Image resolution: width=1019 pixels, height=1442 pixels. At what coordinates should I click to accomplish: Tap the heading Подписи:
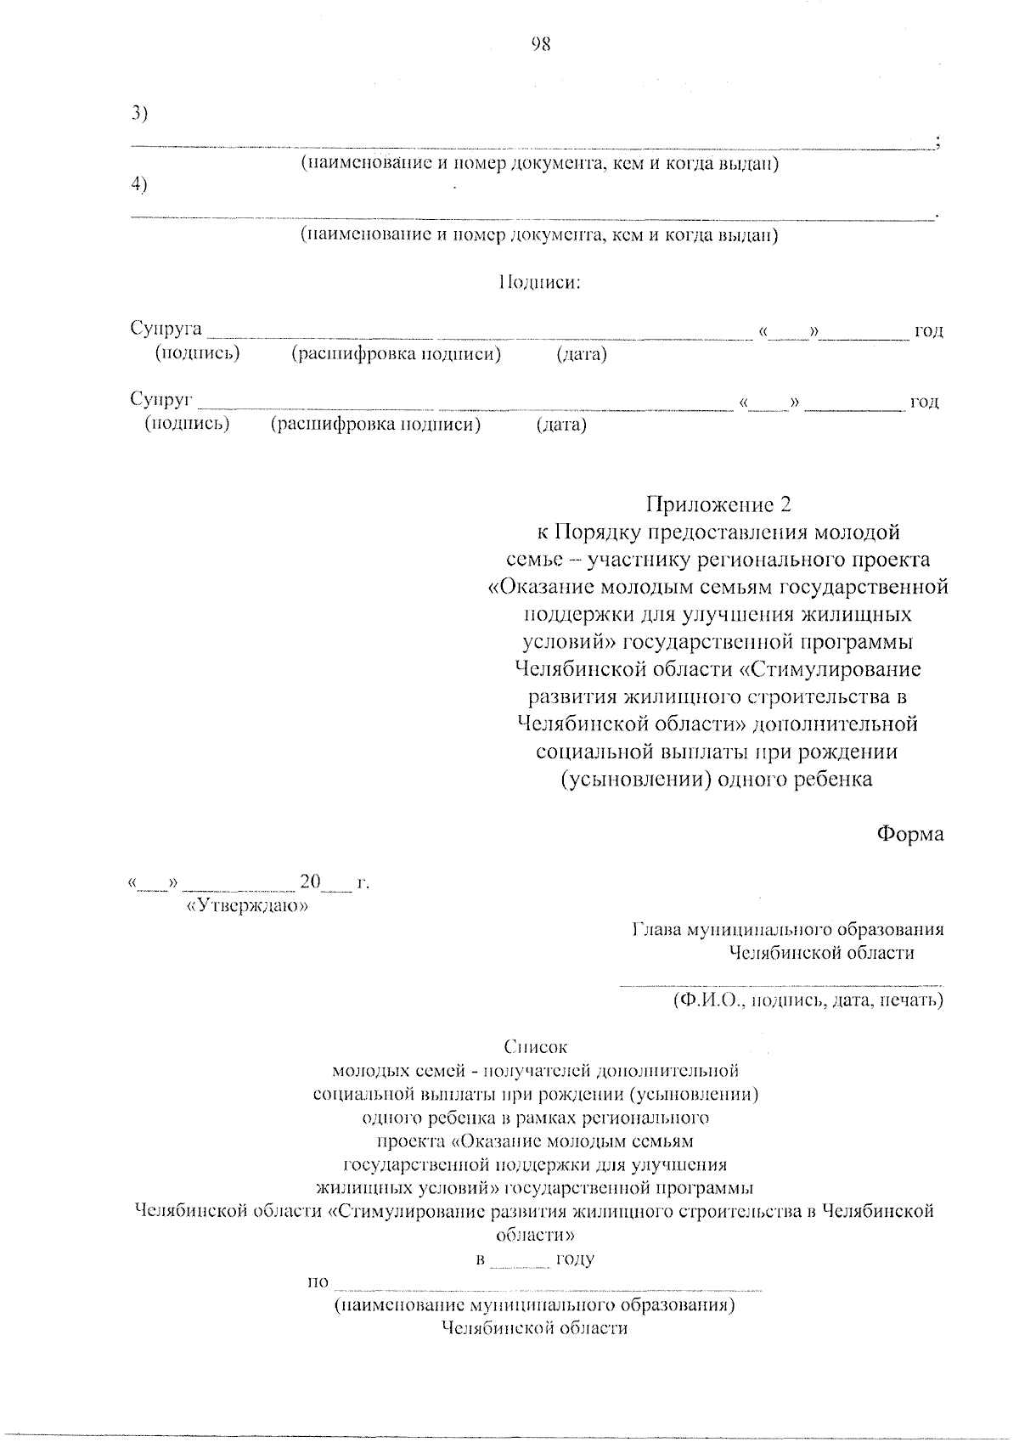(538, 282)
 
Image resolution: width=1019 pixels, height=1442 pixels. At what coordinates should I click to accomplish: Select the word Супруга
(166, 329)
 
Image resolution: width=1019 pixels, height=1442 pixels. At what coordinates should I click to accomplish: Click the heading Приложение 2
(718, 504)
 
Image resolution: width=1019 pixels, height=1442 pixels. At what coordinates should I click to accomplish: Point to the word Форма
(910, 834)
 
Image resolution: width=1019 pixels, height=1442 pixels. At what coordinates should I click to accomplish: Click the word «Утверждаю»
(246, 905)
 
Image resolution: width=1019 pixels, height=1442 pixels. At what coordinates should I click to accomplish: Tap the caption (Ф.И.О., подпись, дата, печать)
(808, 1000)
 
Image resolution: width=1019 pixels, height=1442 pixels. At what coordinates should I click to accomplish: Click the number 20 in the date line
(309, 882)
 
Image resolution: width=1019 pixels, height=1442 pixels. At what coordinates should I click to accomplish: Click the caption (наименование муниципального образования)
(534, 1304)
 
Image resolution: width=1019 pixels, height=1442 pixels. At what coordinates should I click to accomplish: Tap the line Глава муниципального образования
(788, 929)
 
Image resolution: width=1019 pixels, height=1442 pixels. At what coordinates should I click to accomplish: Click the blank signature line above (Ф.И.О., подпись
(781, 985)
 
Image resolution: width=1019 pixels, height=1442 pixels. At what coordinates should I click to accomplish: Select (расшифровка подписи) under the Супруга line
(396, 354)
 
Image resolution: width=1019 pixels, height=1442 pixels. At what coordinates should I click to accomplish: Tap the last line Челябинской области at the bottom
(534, 1328)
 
